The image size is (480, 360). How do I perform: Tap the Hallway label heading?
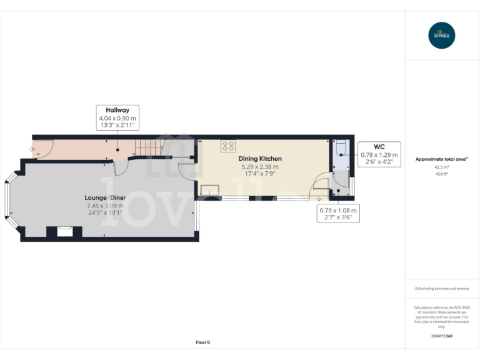pyautogui.click(x=117, y=110)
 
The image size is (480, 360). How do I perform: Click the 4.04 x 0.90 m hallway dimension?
pyautogui.click(x=117, y=118)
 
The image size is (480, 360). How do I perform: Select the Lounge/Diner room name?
pyautogui.click(x=105, y=197)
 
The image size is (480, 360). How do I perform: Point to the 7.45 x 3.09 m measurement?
pyautogui.click(x=105, y=206)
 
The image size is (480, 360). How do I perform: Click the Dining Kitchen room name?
pyautogui.click(x=260, y=159)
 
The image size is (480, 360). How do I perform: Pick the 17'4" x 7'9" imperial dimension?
pyautogui.click(x=260, y=174)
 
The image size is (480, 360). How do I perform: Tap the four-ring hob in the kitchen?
pyautogui.click(x=228, y=147)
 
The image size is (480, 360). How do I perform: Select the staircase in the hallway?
pyautogui.click(x=151, y=148)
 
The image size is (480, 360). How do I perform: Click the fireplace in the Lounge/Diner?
pyautogui.click(x=65, y=231)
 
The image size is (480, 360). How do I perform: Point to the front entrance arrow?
pyautogui.click(x=32, y=149)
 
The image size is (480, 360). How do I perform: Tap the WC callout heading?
pyautogui.click(x=380, y=146)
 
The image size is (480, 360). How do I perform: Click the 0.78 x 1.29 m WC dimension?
pyautogui.click(x=380, y=154)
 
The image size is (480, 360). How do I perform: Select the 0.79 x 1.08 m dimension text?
pyautogui.click(x=338, y=210)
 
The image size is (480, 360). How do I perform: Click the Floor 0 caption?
pyautogui.click(x=203, y=342)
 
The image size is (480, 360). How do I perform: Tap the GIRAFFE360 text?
pyautogui.click(x=442, y=336)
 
